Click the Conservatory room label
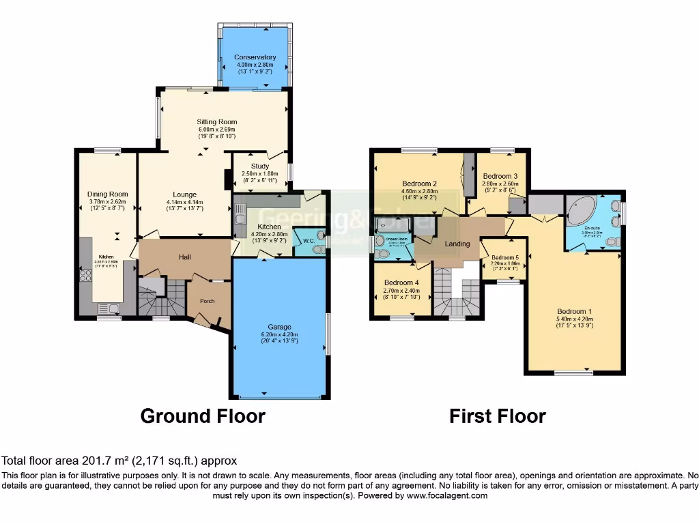(x=255, y=57)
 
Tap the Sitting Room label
(x=216, y=122)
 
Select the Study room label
(x=259, y=166)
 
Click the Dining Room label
(x=108, y=194)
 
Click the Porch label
(x=207, y=301)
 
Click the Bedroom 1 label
(x=575, y=310)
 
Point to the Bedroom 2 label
(x=419, y=184)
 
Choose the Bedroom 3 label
(x=500, y=176)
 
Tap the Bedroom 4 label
(x=401, y=282)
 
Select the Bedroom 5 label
(x=505, y=258)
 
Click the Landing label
(x=457, y=244)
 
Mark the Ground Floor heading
(x=202, y=416)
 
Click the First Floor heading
(x=497, y=416)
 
